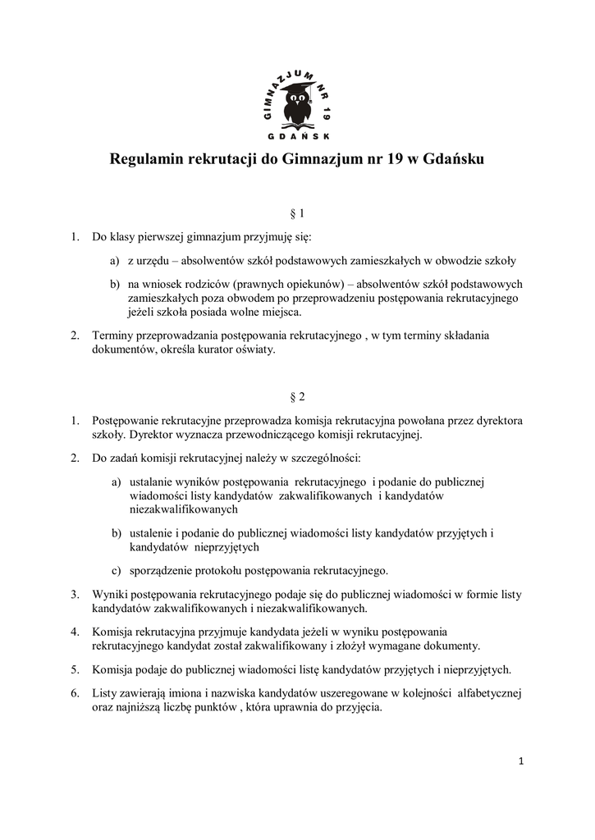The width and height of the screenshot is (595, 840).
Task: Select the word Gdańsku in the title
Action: (x=454, y=159)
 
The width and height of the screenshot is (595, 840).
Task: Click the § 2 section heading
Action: (x=297, y=397)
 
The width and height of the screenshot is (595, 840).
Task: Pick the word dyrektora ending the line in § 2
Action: (x=492, y=420)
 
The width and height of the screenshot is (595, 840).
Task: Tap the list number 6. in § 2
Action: (x=75, y=693)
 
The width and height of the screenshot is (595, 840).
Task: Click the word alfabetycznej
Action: (x=477, y=693)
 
